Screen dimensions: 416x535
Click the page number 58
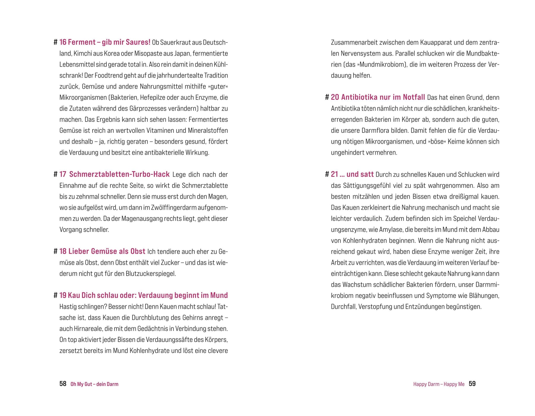click(63, 384)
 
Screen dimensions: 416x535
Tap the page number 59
click(472, 384)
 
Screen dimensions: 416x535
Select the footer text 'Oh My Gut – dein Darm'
click(94, 384)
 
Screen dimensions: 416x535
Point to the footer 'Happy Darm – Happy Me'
click(439, 384)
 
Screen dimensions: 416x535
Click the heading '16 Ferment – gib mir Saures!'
click(105, 42)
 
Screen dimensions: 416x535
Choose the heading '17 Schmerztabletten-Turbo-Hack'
click(114, 174)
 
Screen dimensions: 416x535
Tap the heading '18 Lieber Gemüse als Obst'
click(102, 251)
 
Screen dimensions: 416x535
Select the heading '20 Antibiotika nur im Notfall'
click(378, 97)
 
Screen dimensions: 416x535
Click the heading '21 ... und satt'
click(352, 174)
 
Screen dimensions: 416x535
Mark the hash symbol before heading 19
click(55, 295)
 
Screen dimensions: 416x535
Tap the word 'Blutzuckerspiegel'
click(151, 273)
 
